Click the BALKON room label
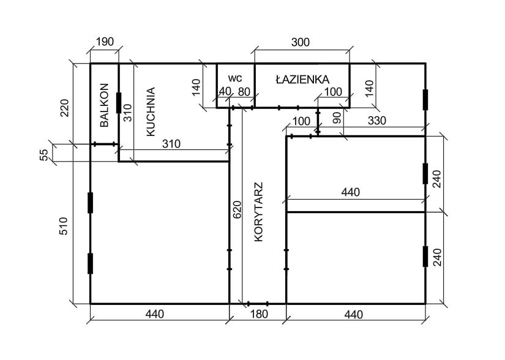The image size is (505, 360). [104, 105]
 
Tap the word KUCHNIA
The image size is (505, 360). [151, 111]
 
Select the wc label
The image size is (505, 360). [235, 78]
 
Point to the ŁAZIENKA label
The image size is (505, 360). [302, 79]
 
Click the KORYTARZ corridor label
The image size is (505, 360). [258, 212]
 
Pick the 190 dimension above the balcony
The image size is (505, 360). [105, 42]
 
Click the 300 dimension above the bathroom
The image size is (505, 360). [300, 42]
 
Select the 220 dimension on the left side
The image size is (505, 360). [64, 108]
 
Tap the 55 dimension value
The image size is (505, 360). [45, 154]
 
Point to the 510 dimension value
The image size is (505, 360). [64, 226]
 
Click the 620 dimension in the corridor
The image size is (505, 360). [237, 209]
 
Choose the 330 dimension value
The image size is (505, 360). [376, 121]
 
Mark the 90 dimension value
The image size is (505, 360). [337, 118]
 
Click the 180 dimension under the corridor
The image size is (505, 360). [259, 314]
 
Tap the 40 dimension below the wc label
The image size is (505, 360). [225, 91]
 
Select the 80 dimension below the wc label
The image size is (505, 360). [244, 92]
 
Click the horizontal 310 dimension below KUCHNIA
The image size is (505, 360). [171, 144]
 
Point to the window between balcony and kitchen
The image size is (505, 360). [119, 103]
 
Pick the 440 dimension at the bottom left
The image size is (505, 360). [155, 314]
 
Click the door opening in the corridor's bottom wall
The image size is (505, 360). [258, 303]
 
